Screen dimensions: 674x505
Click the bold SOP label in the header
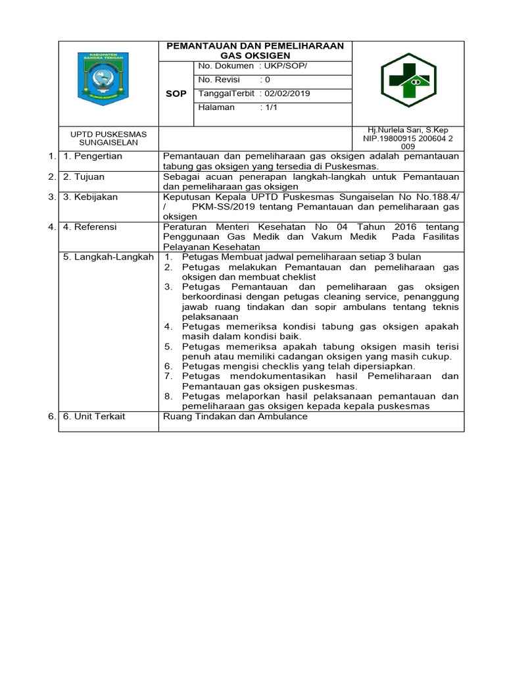pyautogui.click(x=176, y=94)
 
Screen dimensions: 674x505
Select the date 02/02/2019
pyautogui.click(x=287, y=93)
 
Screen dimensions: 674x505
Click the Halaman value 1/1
pyautogui.click(x=270, y=107)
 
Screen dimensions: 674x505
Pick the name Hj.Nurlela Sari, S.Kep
pyautogui.click(x=408, y=130)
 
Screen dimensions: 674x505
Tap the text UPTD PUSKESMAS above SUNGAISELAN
pyautogui.click(x=108, y=134)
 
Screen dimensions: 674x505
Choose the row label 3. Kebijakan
pyautogui.click(x=90, y=197)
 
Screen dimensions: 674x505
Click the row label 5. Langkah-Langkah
pyautogui.click(x=108, y=257)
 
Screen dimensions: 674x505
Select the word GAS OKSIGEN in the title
pyautogui.click(x=256, y=56)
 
